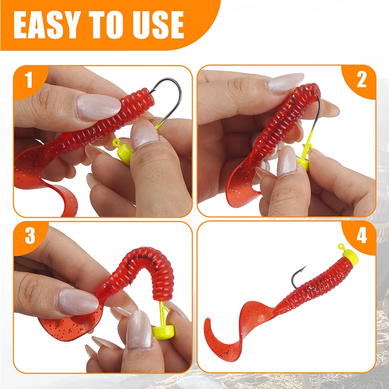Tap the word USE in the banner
[x=158, y=25]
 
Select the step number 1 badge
[x=29, y=80]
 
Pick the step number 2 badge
[x=361, y=79]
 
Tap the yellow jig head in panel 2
[x=303, y=164]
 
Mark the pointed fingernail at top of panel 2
[x=285, y=83]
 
